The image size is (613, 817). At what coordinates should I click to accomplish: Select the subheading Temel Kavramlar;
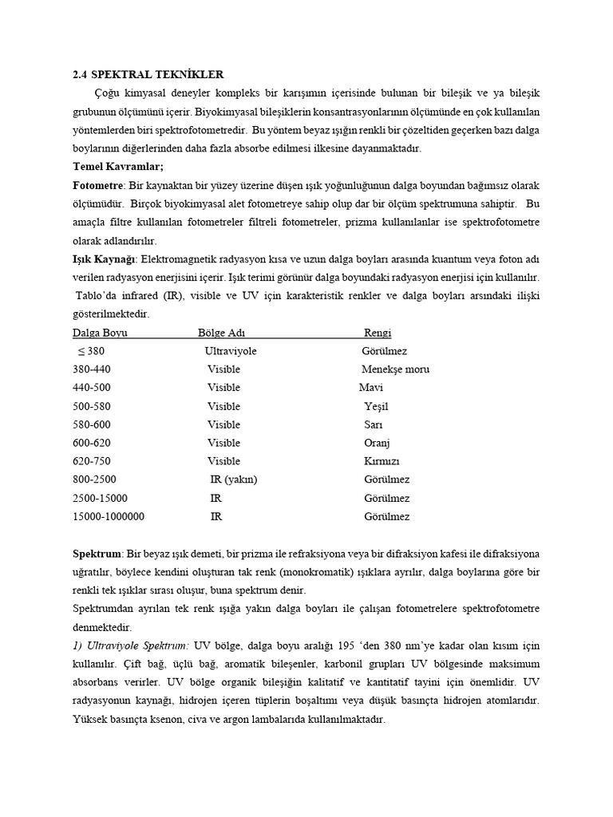117,167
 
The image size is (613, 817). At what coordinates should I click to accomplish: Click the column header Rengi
378,333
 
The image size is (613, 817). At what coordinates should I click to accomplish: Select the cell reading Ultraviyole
231,351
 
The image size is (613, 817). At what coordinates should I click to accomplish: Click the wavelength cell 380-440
92,369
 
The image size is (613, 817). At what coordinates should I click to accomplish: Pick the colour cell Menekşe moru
395,369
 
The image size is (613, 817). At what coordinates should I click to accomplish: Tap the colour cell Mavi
371,388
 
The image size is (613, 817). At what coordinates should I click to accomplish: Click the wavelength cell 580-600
92,424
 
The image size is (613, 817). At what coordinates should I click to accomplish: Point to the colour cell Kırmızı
382,461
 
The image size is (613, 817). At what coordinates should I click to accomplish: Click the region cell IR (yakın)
234,480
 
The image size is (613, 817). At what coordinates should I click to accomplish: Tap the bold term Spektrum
97,553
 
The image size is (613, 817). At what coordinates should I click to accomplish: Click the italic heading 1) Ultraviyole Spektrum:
130,645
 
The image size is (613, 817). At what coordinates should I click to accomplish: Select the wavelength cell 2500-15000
100,498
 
